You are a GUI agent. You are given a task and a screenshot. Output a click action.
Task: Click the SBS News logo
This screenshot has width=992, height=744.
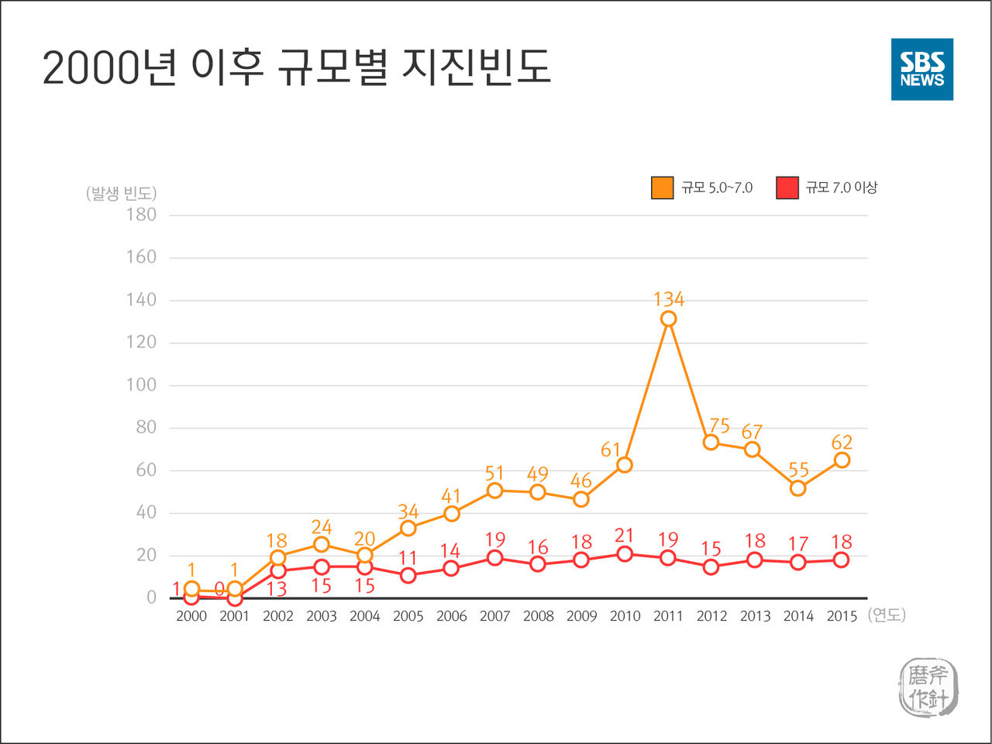coord(921,69)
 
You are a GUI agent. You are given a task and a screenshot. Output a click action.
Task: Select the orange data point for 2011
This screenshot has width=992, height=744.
coord(668,319)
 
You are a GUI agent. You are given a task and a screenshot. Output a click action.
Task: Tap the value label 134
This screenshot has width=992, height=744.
coord(668,299)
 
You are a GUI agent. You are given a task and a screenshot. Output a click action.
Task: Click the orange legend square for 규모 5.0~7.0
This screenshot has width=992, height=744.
coord(662,188)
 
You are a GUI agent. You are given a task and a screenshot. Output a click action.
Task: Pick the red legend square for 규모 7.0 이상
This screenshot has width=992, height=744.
coord(787,188)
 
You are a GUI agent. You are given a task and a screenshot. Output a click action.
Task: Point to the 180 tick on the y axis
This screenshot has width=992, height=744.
coord(141,215)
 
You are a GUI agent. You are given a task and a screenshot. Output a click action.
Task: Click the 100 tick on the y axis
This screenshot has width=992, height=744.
coord(141,385)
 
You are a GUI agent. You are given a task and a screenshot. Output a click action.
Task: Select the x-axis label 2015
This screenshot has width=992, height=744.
coord(842,616)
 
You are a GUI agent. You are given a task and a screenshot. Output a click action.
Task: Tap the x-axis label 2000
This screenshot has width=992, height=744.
coord(191,616)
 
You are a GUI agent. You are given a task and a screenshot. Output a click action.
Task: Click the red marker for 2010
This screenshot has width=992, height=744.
coord(625,553)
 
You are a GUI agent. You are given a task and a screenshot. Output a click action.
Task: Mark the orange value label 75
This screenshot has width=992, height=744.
coord(719,425)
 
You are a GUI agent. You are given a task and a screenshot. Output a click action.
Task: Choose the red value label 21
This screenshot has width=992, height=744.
coord(625,536)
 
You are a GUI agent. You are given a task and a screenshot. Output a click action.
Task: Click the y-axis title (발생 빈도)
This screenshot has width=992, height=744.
coord(121,193)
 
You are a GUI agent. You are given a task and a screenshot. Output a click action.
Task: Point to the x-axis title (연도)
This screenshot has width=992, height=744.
coord(887,615)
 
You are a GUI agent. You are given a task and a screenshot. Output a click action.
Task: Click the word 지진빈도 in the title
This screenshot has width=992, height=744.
coord(476,67)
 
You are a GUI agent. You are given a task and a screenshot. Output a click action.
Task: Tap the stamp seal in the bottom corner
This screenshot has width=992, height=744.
coord(928,687)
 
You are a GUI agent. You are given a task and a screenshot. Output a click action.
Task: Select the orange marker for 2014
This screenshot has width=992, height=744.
coord(797,487)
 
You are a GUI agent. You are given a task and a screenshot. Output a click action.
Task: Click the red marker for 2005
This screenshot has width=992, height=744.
coord(408,575)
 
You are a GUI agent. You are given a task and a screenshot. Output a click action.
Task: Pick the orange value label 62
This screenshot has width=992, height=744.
coord(842,443)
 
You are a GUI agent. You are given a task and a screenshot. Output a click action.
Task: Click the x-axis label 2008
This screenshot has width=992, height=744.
coord(538,616)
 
